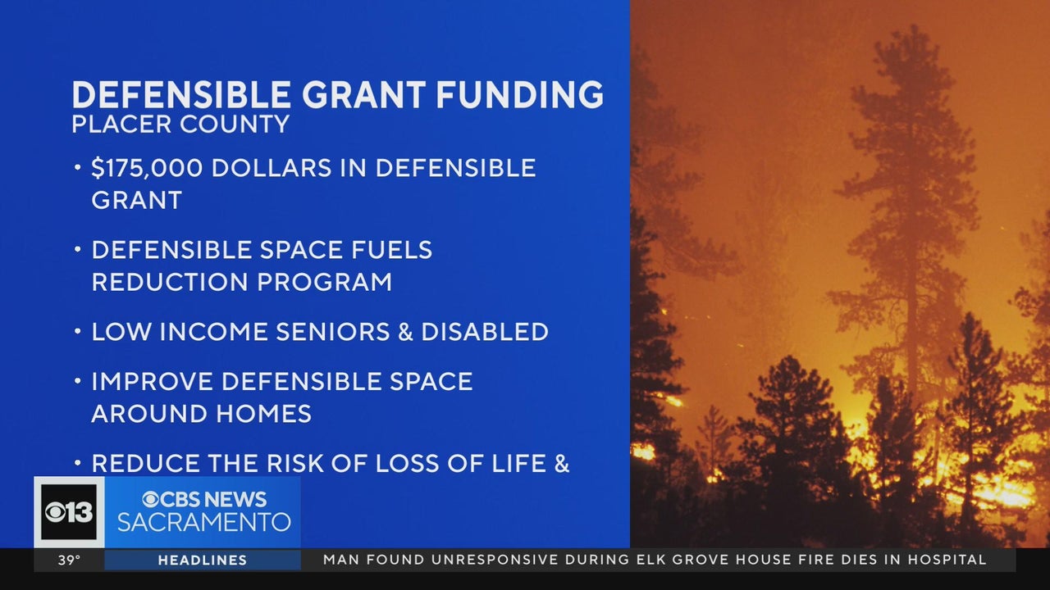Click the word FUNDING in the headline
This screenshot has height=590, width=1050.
[x=520, y=94]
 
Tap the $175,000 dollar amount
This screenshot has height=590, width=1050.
[x=147, y=168]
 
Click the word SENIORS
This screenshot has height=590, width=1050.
[x=333, y=332]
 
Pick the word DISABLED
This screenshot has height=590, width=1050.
[x=485, y=332]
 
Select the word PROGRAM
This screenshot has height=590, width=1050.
[x=324, y=283]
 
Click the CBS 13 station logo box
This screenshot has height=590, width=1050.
[x=70, y=512]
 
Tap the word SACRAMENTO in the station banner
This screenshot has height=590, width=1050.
[x=204, y=522]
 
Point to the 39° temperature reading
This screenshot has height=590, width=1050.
[x=70, y=560]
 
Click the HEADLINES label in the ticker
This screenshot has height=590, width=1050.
[x=203, y=560]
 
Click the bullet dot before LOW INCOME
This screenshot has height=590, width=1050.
[x=78, y=332]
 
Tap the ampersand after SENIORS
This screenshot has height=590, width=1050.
[x=405, y=332]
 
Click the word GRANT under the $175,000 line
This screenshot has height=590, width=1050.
[x=136, y=201]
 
